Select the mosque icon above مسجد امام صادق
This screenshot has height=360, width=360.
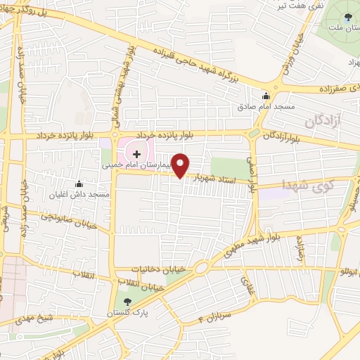(x=266, y=98)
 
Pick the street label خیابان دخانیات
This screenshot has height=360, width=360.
(x=160, y=269)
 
